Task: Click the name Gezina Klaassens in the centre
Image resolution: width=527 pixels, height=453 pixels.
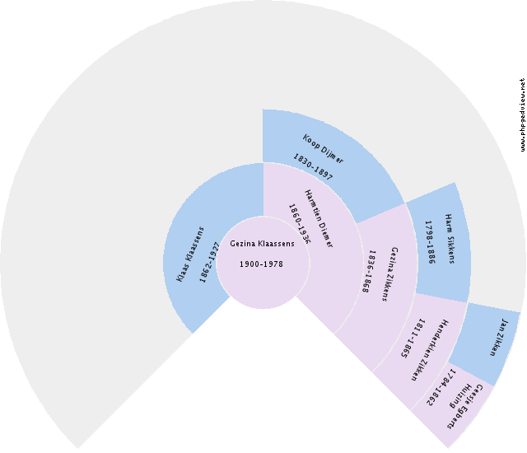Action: (262, 245)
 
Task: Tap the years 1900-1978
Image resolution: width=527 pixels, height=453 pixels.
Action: (262, 264)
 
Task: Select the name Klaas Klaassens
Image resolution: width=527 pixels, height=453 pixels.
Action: (190, 255)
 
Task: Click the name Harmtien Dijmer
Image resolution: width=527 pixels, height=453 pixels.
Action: (318, 217)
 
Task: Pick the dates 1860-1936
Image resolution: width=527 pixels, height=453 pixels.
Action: (298, 225)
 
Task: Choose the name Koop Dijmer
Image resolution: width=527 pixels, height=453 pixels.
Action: (323, 147)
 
